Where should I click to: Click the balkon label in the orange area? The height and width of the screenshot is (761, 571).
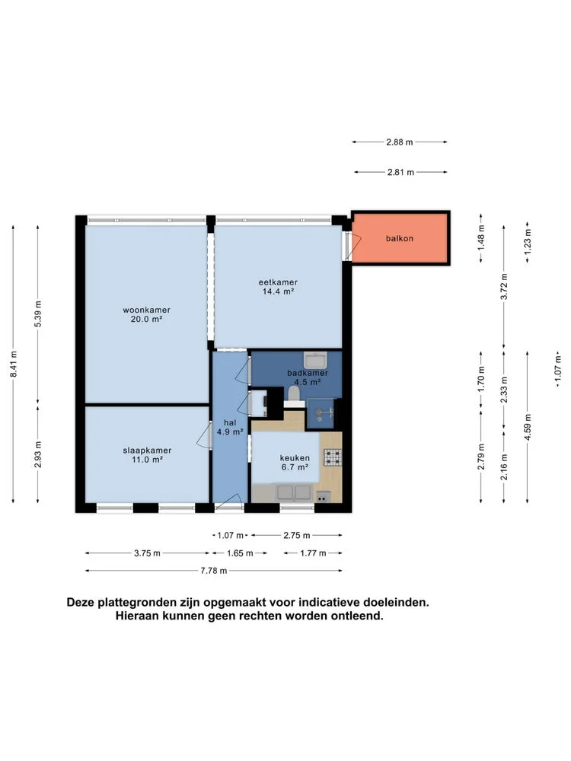[400, 238]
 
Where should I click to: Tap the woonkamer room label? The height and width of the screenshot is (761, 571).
[147, 310]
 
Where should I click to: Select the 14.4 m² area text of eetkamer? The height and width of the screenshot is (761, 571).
[278, 291]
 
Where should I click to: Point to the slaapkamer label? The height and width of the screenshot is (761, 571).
[147, 450]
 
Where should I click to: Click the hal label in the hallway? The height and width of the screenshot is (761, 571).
[230, 422]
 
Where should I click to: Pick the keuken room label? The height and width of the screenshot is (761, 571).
[295, 457]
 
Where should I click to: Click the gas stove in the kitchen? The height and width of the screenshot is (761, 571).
[333, 457]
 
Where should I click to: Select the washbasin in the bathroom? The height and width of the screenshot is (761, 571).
[316, 360]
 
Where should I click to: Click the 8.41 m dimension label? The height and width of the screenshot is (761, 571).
[14, 364]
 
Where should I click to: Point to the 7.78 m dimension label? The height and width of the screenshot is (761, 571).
[214, 571]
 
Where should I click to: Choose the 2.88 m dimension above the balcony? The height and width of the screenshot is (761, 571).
[400, 142]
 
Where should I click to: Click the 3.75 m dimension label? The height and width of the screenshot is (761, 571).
[147, 552]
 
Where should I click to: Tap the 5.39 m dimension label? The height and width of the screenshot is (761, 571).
[38, 314]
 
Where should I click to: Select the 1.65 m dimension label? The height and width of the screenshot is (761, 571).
[240, 552]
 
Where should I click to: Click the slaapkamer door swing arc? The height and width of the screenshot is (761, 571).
[203, 435]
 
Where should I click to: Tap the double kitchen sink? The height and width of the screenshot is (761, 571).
[294, 492]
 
